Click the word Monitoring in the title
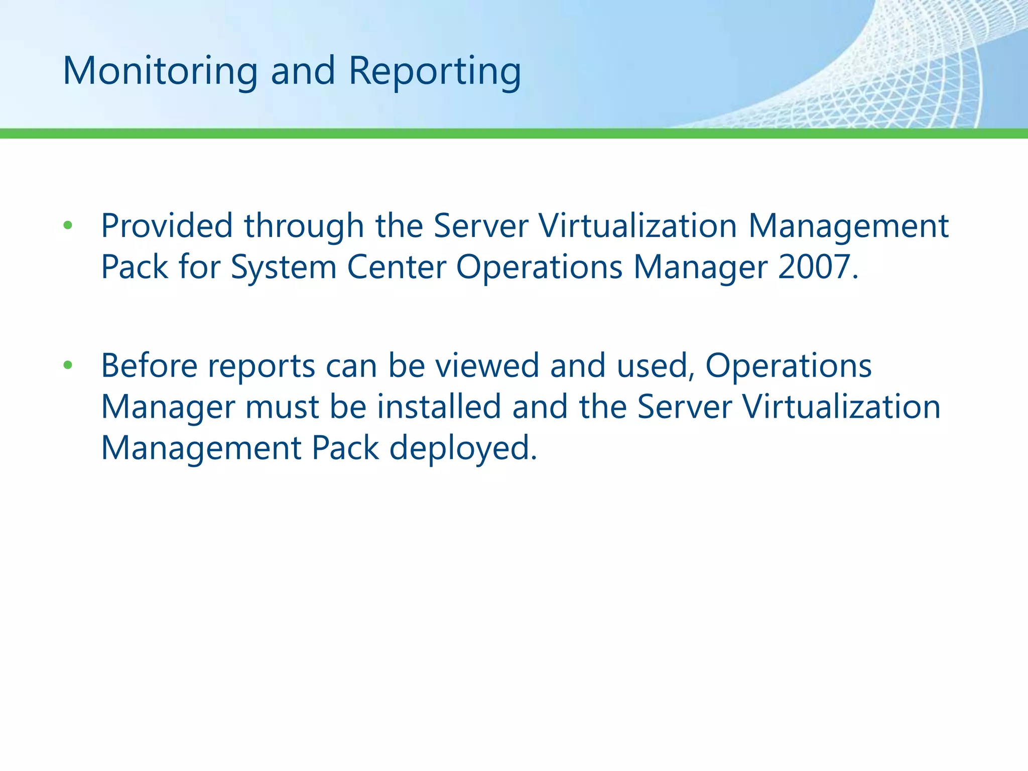click(160, 71)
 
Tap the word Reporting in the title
click(435, 71)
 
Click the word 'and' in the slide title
click(303, 71)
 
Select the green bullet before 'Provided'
click(68, 225)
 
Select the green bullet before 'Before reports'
click(68, 365)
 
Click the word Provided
click(167, 225)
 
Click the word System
click(283, 267)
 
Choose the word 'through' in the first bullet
click(304, 225)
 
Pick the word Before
click(149, 365)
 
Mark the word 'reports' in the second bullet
click(261, 365)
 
